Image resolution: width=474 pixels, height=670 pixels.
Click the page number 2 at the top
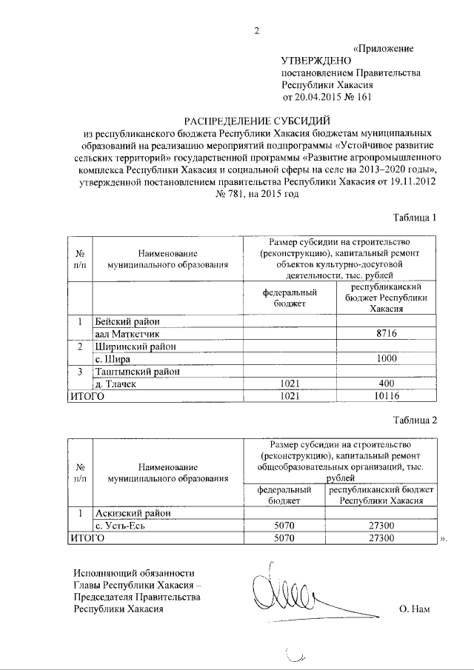point(256,30)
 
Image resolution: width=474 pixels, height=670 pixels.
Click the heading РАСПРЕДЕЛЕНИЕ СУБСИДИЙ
point(256,121)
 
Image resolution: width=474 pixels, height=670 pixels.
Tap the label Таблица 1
point(416,218)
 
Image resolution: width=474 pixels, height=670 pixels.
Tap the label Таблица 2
point(416,420)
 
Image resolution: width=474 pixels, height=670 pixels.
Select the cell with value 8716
point(385,334)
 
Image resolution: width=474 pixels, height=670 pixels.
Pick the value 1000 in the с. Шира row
point(385,359)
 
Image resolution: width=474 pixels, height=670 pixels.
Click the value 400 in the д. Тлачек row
point(385,384)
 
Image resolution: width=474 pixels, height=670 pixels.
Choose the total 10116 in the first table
point(385,397)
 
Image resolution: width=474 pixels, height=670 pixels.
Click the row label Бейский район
point(127,321)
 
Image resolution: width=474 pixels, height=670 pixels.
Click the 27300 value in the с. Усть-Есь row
point(385,526)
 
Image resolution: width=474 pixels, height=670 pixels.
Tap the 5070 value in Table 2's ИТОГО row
point(285,538)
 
